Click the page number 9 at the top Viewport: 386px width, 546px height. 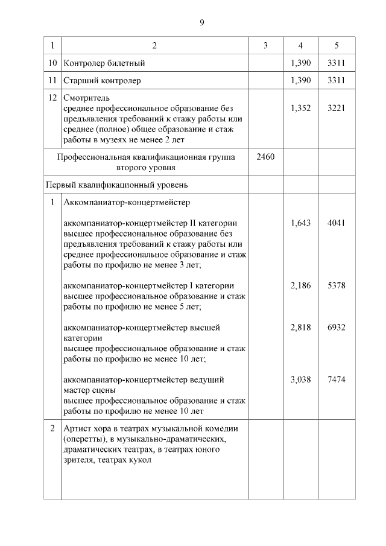click(202, 23)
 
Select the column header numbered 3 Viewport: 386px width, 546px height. click(265, 46)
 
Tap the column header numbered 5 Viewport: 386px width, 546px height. click(336, 46)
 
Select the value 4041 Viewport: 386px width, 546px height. click(336, 223)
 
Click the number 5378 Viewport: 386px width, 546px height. click(336, 285)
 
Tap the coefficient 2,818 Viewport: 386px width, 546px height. click(300, 327)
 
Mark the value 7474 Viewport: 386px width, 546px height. click(336, 379)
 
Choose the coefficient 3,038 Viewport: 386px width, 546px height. click(300, 379)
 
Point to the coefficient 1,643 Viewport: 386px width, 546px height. click(300, 223)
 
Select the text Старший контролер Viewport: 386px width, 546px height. click(102, 80)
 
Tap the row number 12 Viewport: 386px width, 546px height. click(52, 97)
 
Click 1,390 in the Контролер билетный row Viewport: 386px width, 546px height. click(300, 63)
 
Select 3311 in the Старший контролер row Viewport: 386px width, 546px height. click(336, 80)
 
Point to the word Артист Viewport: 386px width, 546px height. click(77, 428)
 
